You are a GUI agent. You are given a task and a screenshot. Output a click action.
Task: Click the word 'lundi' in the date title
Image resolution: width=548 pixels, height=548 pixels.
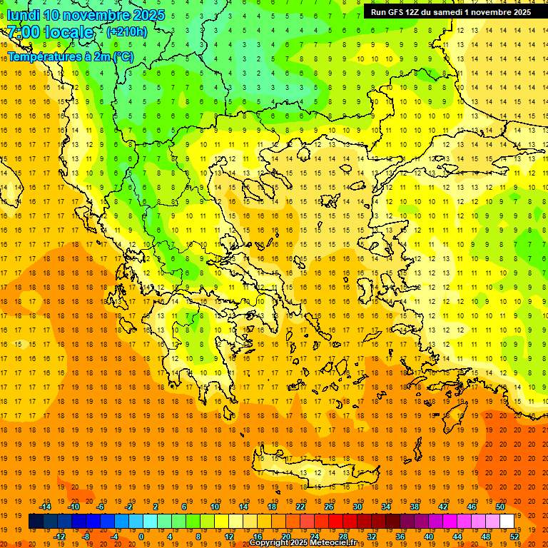(x=24, y=14)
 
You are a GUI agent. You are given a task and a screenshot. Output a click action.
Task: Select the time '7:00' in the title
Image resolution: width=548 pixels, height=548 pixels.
(x=23, y=32)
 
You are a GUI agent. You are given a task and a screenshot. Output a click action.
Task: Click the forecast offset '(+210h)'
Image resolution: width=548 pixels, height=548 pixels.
(x=127, y=31)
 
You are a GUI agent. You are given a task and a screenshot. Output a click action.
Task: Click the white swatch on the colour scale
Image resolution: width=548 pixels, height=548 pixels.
(x=507, y=522)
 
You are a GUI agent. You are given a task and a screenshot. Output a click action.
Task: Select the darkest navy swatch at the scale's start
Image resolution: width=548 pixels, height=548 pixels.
(x=36, y=522)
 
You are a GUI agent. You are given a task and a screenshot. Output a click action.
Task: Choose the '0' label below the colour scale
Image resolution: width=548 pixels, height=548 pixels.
(x=141, y=537)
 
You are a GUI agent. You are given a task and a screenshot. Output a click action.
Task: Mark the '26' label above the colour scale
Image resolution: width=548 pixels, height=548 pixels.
(x=329, y=507)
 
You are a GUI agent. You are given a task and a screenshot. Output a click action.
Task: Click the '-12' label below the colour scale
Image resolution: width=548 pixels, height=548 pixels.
(x=60, y=537)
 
